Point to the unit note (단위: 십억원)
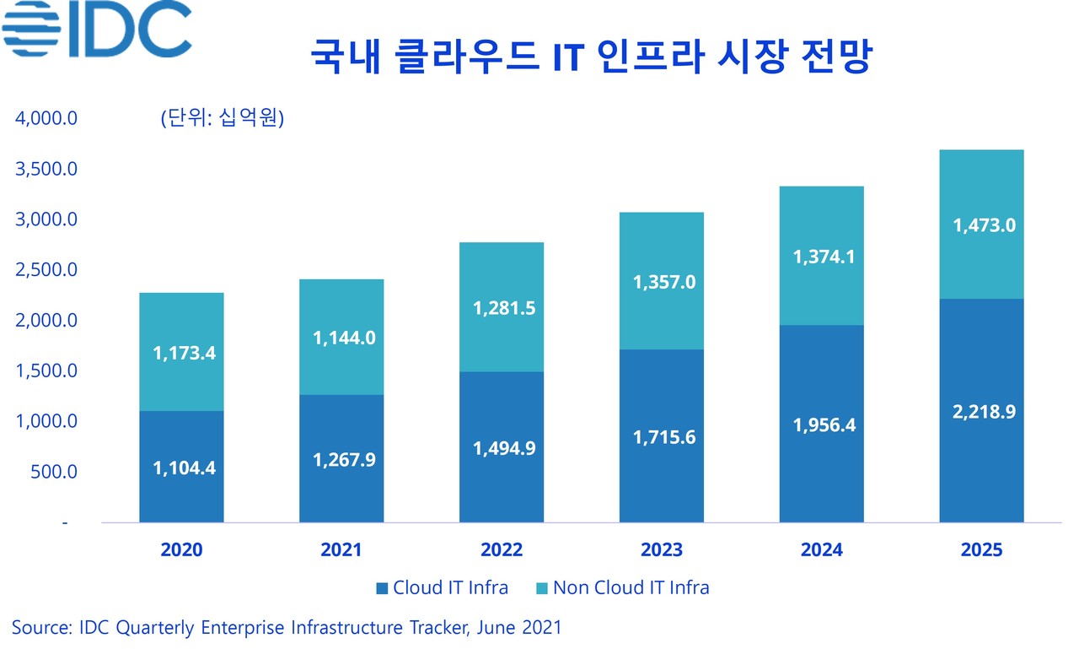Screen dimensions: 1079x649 [222, 118]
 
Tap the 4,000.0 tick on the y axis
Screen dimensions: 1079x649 [46, 118]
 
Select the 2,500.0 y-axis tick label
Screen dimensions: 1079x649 [46, 270]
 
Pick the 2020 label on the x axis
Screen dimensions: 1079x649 [181, 550]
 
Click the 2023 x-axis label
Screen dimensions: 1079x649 [662, 550]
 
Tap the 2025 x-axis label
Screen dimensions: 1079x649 [981, 550]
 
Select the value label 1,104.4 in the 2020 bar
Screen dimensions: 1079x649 [184, 467]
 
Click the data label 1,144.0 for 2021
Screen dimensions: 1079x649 [344, 338]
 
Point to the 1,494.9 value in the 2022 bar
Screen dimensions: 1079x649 [503, 447]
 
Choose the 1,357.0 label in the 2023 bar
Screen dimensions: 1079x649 [664, 282]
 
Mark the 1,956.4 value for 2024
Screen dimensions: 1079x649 [824, 425]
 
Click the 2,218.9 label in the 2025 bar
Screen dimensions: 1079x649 [984, 413]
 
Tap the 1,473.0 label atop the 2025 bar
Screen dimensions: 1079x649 [984, 225]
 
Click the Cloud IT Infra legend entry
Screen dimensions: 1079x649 [442, 587]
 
